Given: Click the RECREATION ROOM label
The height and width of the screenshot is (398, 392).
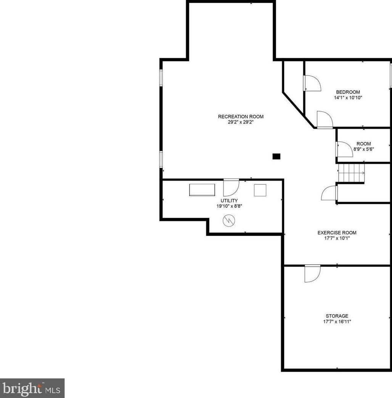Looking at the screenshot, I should coord(241,117).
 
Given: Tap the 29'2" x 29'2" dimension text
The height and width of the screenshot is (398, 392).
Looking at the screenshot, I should coord(241,123).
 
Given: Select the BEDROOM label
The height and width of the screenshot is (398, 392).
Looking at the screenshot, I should coord(348,92).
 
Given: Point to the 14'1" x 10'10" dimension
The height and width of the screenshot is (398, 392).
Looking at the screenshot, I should coord(348,98).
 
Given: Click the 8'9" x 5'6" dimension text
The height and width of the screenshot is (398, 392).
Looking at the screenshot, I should coord(363,149).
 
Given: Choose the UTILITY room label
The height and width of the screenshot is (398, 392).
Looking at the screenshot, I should coord(229,201).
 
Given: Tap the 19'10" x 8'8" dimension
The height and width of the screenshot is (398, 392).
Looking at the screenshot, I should coord(229,206).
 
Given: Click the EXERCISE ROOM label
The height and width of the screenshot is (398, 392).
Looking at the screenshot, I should coord(337,233).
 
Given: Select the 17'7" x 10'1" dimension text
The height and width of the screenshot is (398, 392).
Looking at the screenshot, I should coord(337,238).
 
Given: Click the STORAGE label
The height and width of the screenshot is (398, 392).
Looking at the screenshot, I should coord(337,316).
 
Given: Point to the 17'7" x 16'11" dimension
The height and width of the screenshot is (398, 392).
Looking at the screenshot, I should coord(337,321).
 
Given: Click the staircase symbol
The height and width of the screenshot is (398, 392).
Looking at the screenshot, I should coord(351,173).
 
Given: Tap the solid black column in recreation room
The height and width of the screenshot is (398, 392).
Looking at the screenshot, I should coord(276,156).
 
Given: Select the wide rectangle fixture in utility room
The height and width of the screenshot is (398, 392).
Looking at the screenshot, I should coord(202,190).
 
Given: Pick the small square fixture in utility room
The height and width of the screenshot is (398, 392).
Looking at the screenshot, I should coord(260,190).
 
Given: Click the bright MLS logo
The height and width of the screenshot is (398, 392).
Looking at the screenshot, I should coord(32,388).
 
